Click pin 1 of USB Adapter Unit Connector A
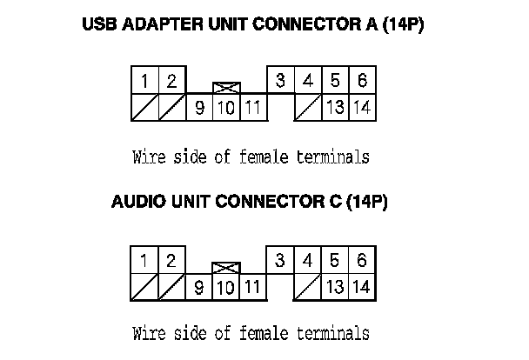144,81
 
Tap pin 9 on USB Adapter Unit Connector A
199,108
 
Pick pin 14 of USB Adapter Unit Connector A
362,108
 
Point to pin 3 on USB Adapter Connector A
280,81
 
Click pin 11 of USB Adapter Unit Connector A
252,108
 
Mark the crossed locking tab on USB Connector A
226,88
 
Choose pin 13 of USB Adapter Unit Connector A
335,108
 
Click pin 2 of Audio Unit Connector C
171,260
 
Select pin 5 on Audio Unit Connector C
335,260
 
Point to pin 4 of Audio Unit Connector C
308,260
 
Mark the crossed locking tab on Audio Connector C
226,267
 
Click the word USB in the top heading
97,25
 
